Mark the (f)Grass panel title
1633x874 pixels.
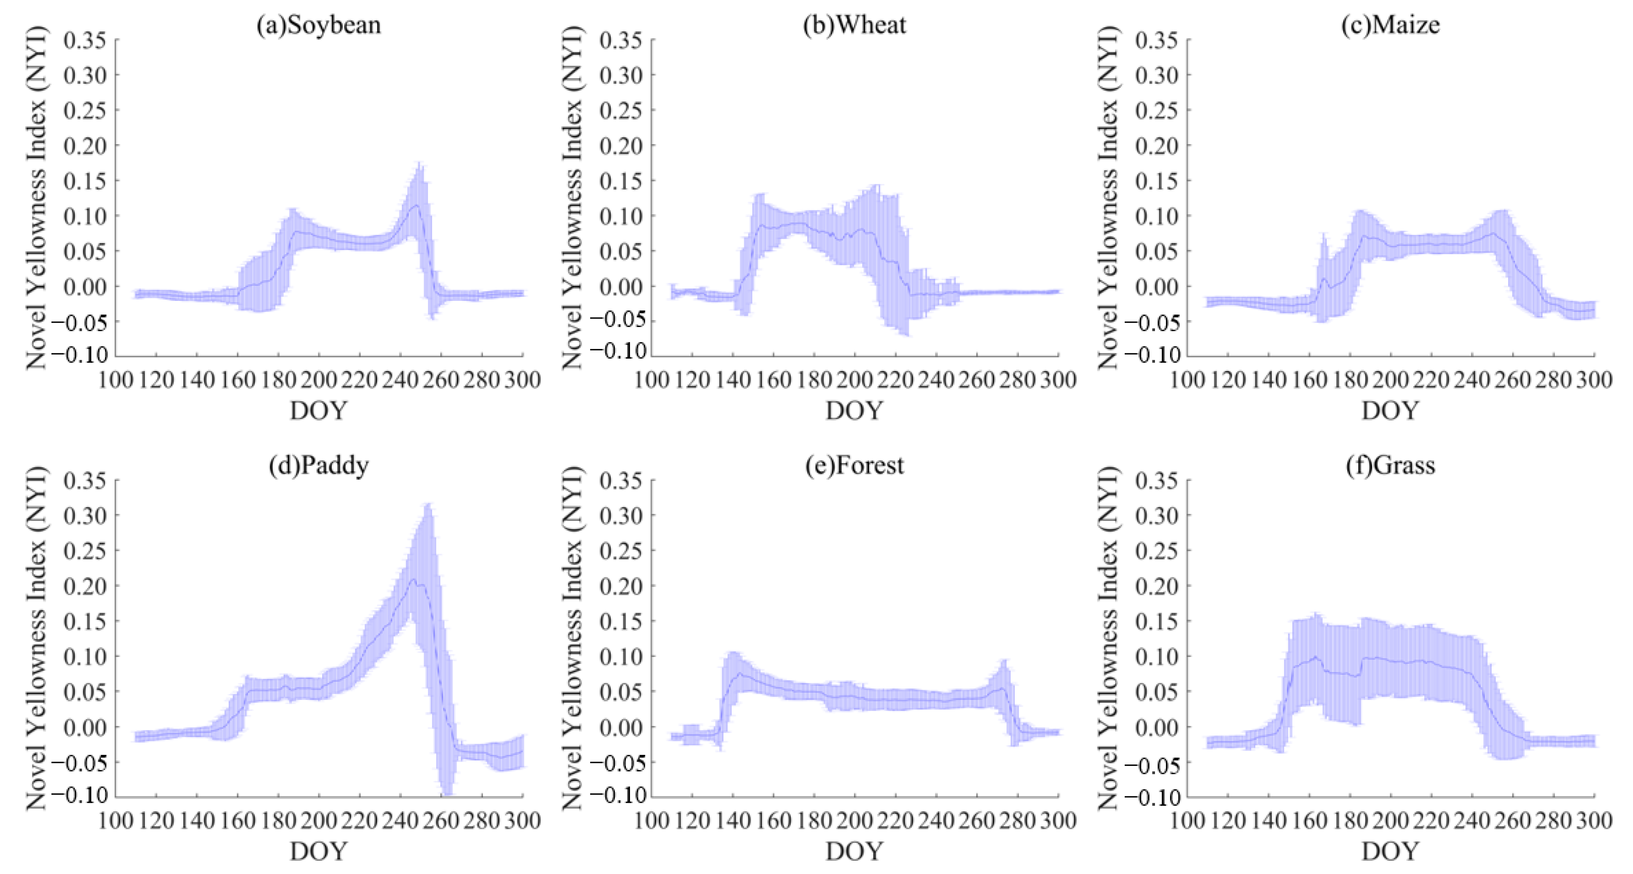[1390, 465]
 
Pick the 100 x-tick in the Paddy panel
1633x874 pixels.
[116, 821]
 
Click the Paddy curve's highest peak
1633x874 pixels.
[413, 579]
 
